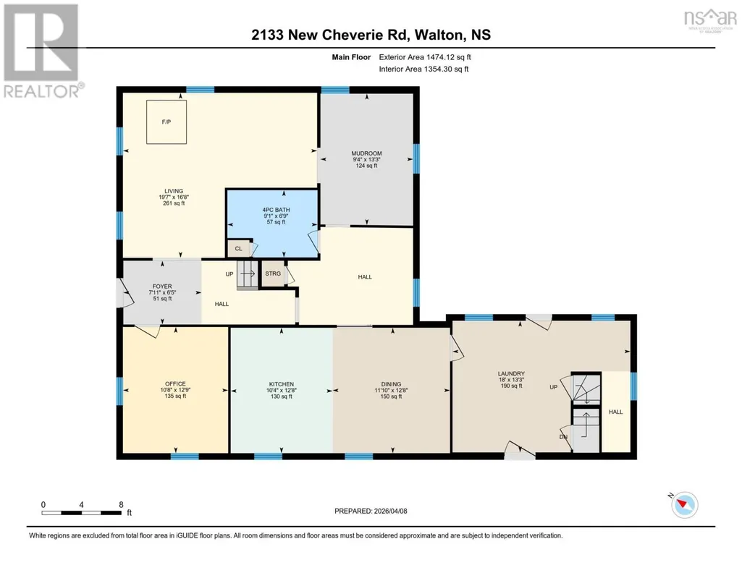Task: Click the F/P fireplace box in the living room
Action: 166,122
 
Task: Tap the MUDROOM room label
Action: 367,153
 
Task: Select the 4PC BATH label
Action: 277,210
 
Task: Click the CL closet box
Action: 238,249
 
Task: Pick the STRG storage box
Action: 273,273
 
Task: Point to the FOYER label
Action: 162,286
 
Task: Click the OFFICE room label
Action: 176,384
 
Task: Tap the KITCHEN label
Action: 282,384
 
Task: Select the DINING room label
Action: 392,384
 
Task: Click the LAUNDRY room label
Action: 511,373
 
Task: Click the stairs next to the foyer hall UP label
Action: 247,275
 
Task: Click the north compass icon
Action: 684,504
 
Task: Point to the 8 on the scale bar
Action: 122,505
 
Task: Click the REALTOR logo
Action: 43,51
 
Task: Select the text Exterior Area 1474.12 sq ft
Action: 425,57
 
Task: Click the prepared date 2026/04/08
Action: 390,511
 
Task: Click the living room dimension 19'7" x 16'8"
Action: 174,197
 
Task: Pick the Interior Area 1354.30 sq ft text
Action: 424,69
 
